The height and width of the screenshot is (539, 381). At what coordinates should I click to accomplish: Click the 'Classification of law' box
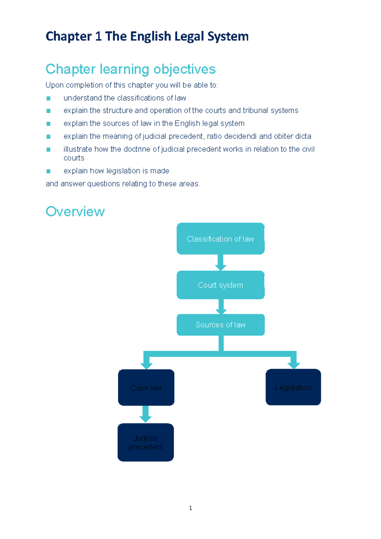coord(220,239)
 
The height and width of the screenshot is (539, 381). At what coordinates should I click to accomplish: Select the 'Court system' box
coord(220,285)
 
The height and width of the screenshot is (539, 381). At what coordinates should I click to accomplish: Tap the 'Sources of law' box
coord(220,324)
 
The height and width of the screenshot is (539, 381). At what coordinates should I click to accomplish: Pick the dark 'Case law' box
coord(146,388)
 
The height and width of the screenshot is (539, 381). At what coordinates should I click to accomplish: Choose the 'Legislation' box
coord(293,387)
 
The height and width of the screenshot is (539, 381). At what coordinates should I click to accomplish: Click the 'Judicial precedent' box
coord(145,442)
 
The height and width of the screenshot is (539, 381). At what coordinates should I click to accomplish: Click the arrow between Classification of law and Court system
coord(221,262)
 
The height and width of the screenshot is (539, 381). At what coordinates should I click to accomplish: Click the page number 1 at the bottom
coord(190,508)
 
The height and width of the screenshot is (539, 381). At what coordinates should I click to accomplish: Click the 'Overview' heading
coord(75,211)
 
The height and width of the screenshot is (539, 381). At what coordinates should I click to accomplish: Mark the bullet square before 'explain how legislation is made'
coord(48,171)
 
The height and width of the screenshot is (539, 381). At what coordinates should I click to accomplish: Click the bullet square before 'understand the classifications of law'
coord(48,98)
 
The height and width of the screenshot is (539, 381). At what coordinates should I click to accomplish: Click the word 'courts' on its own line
coord(74,158)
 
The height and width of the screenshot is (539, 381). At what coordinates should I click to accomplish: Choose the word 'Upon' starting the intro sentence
coord(54,85)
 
